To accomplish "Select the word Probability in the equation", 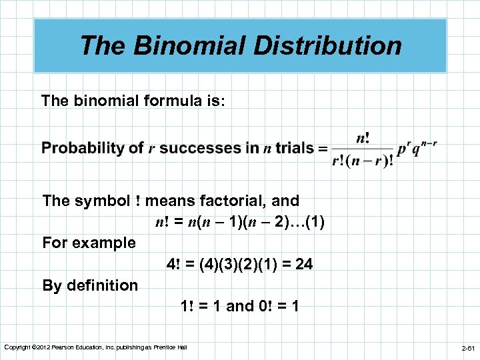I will coord(93,148).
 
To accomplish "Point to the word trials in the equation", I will coord(294,148).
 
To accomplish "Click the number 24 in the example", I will coord(303,264).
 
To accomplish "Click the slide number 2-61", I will coord(468,348).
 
